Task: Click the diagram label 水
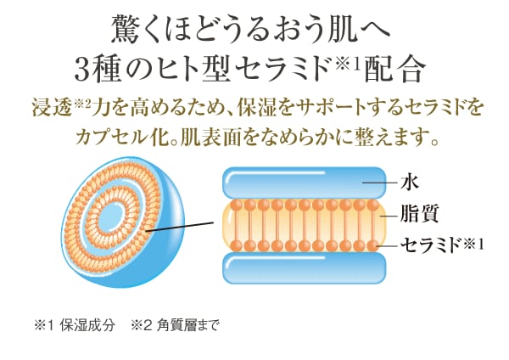click(409, 183)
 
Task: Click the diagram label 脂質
click(419, 213)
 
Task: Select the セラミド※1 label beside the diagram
click(442, 245)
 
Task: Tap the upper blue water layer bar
click(305, 182)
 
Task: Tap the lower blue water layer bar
click(305, 268)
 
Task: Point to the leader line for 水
click(380, 183)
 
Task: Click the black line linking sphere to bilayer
click(179, 227)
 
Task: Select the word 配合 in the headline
click(394, 69)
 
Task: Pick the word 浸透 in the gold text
click(52, 109)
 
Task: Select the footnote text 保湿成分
click(87, 325)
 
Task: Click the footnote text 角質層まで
click(188, 325)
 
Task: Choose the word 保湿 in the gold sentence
click(256, 109)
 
